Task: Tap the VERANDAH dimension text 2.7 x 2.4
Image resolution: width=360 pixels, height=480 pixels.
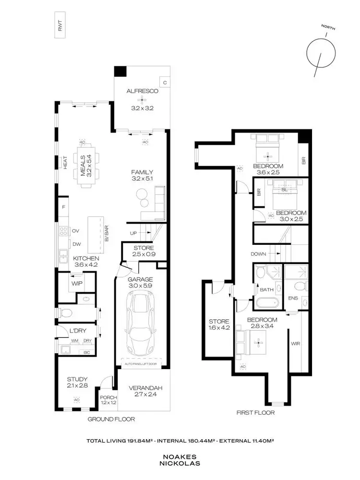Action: [142, 396]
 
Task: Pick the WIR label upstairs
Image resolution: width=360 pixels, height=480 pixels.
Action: [295, 344]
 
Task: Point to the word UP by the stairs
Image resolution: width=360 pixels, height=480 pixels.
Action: [134, 233]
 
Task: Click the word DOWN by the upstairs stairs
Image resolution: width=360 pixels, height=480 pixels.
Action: [258, 253]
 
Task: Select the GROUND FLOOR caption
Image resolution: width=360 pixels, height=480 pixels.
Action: [111, 419]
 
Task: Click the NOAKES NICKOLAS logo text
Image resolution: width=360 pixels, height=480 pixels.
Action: [180, 461]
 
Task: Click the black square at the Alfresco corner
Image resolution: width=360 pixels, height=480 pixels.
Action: [120, 71]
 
